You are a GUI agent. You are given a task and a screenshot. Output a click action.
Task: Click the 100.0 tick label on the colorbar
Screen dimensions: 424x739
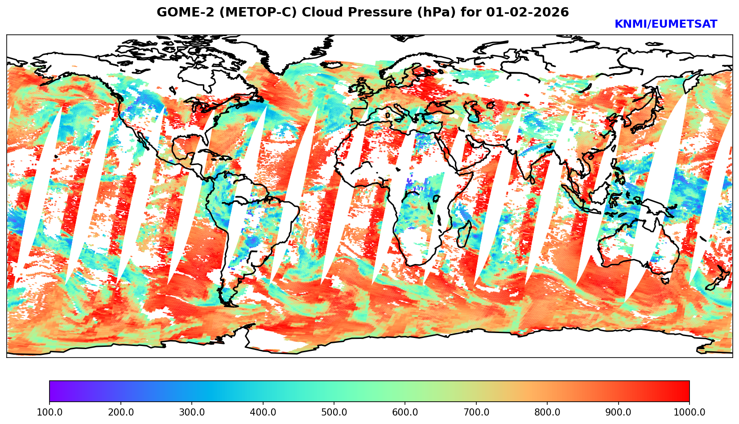[50, 412]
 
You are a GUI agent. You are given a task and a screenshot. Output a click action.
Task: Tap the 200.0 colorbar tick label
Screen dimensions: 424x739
[120, 412]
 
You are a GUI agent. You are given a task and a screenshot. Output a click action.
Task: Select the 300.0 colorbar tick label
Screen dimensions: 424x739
[192, 412]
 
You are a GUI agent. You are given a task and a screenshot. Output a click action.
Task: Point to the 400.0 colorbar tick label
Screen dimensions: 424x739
[263, 412]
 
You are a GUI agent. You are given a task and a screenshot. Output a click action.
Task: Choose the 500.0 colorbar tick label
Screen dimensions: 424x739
[334, 412]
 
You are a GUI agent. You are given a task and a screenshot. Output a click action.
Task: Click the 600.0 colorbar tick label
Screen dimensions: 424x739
[405, 412]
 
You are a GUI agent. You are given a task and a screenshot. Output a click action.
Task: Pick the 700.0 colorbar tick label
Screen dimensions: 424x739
[476, 412]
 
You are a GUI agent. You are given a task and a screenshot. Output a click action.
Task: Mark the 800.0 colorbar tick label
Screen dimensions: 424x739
[547, 412]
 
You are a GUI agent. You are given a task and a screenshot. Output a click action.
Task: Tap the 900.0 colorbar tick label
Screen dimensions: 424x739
[619, 412]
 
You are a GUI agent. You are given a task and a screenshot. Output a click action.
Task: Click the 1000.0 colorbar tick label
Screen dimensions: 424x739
[689, 412]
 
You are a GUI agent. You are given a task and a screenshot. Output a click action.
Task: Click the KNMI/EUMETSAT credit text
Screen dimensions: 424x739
[665, 25]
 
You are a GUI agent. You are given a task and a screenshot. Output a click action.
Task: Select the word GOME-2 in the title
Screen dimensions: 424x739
[180, 12]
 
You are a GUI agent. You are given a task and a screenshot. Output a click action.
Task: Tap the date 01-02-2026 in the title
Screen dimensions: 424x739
[528, 12]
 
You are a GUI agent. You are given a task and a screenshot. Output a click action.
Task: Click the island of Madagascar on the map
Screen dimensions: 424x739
[464, 233]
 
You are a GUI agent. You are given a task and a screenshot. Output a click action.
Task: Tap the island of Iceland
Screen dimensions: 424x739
[330, 65]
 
